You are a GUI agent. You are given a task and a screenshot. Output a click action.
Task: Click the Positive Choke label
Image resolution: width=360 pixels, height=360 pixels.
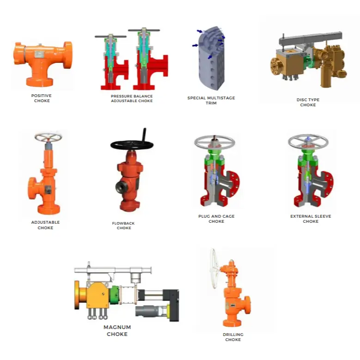pyautogui.click(x=42, y=98)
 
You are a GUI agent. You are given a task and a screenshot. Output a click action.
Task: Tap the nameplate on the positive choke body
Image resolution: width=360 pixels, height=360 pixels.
pyautogui.click(x=39, y=54)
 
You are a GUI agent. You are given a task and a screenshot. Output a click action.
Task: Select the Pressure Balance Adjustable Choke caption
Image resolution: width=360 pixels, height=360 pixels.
pyautogui.click(x=132, y=98)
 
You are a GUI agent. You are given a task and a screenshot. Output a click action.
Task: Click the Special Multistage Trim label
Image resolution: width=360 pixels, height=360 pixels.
pyautogui.click(x=211, y=100)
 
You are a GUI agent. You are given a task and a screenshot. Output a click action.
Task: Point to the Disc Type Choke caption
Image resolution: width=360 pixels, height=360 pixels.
pyautogui.click(x=308, y=102)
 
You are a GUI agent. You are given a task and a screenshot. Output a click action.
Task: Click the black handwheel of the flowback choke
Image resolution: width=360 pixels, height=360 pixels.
pyautogui.click(x=132, y=144)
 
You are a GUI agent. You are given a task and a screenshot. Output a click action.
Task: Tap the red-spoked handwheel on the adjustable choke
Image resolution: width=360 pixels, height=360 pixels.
pyautogui.click(x=48, y=138)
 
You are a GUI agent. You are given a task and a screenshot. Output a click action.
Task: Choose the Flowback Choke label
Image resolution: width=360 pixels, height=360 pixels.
pyautogui.click(x=123, y=226)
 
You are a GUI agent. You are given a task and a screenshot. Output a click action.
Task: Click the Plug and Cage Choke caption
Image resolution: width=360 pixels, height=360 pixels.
pyautogui.click(x=216, y=219)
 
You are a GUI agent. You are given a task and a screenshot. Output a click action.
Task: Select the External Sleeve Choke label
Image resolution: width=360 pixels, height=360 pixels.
pyautogui.click(x=311, y=219)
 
